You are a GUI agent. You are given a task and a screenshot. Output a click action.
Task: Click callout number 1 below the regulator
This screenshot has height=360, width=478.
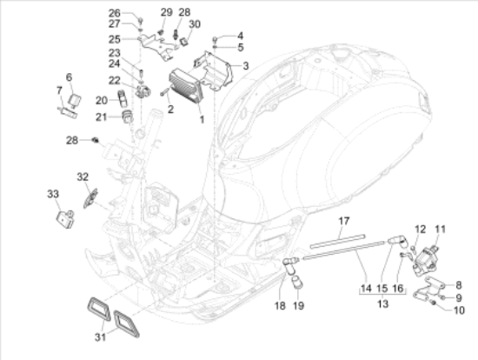coord(202,118)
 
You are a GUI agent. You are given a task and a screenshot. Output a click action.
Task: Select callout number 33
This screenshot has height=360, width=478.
coord(52,193)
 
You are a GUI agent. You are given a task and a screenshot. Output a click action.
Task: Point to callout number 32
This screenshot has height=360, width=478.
coord(83,177)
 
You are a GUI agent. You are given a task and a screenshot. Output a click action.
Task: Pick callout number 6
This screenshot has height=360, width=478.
coord(70,77)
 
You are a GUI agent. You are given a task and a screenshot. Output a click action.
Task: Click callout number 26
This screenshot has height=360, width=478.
coord(114,13)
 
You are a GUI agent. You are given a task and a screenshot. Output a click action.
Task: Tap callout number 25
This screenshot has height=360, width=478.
coord(114,39)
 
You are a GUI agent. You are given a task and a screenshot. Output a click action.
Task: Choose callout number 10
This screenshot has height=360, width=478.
coord(461,310)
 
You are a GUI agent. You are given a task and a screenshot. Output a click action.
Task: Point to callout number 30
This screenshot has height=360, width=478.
coord(194,24)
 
